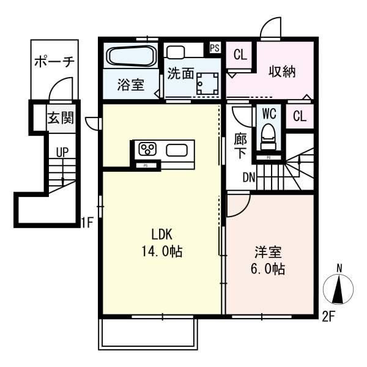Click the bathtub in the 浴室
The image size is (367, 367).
[131, 56]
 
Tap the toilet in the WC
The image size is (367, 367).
[269, 136]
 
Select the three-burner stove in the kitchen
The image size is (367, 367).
[147, 149]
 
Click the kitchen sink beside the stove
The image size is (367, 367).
[177, 150]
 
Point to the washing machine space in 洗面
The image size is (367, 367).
[207, 84]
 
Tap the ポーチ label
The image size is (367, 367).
[54, 62]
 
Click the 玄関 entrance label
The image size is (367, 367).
[61, 117]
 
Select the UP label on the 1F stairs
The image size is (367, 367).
[62, 152]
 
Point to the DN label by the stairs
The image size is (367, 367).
[249, 177]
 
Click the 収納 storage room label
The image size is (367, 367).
[282, 71]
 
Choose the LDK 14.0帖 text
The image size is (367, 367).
[162, 243]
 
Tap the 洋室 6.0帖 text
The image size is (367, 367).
[268, 260]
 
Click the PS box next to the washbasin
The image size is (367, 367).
[215, 48]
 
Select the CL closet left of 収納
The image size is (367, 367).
[240, 55]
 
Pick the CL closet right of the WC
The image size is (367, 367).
[300, 116]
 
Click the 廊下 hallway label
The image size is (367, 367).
[240, 146]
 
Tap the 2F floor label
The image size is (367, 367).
[328, 317]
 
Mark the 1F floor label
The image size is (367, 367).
[87, 223]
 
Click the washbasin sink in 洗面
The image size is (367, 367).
[176, 52]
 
